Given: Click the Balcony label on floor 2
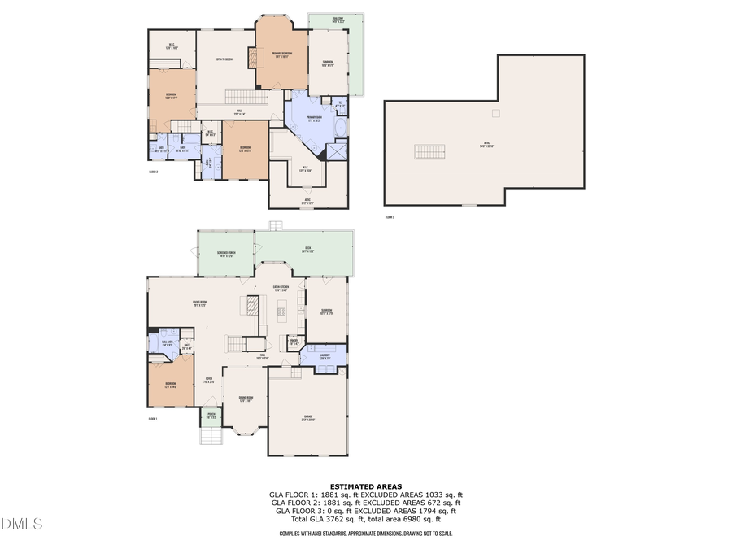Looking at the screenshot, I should [338, 19].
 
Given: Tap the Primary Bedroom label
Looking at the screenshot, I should [282, 54].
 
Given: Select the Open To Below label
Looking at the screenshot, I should [224, 59].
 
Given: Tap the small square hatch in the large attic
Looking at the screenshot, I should [495, 113].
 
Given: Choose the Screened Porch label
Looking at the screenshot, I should [227, 255].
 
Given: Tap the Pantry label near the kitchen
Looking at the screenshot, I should [294, 343].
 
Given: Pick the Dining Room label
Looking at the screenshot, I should [245, 399].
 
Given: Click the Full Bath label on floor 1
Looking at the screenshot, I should [167, 344].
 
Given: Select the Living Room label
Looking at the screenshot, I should [200, 303].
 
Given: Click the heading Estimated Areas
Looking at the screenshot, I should [365, 486].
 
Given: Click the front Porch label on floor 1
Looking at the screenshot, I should [211, 416].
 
